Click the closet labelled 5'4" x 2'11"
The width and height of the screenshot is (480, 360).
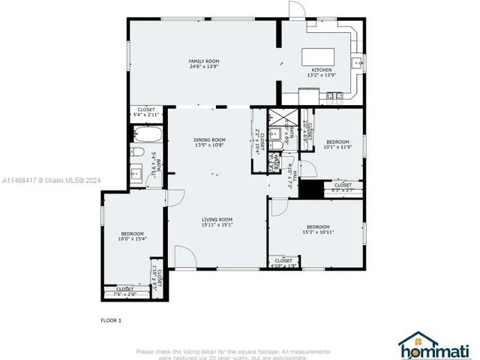click(x=146, y=112)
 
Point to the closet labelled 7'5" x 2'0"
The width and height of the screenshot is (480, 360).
click(x=125, y=290)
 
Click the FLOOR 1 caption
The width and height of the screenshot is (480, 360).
click(x=111, y=319)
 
